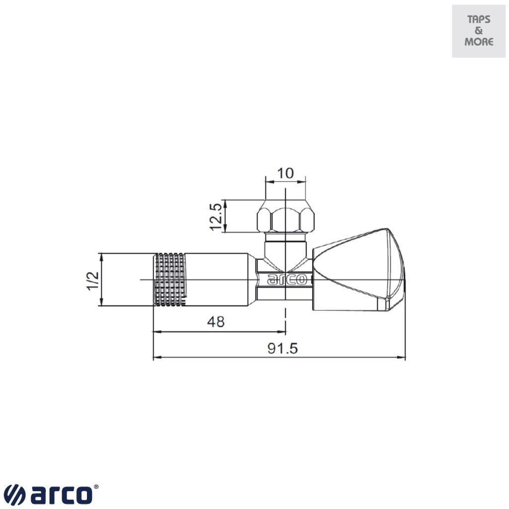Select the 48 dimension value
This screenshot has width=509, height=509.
(x=215, y=322)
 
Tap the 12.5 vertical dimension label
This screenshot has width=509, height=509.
(x=215, y=216)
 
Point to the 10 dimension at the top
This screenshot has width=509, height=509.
(x=285, y=173)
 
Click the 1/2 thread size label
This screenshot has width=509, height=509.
(x=93, y=280)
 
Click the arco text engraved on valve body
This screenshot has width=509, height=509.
(x=287, y=280)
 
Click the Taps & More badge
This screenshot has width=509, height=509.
(x=479, y=31)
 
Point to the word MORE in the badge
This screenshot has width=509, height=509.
(x=479, y=42)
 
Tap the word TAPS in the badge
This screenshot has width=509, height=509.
(x=479, y=20)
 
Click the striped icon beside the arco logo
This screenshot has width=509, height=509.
(x=15, y=495)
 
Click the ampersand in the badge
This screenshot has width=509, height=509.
(x=479, y=31)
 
